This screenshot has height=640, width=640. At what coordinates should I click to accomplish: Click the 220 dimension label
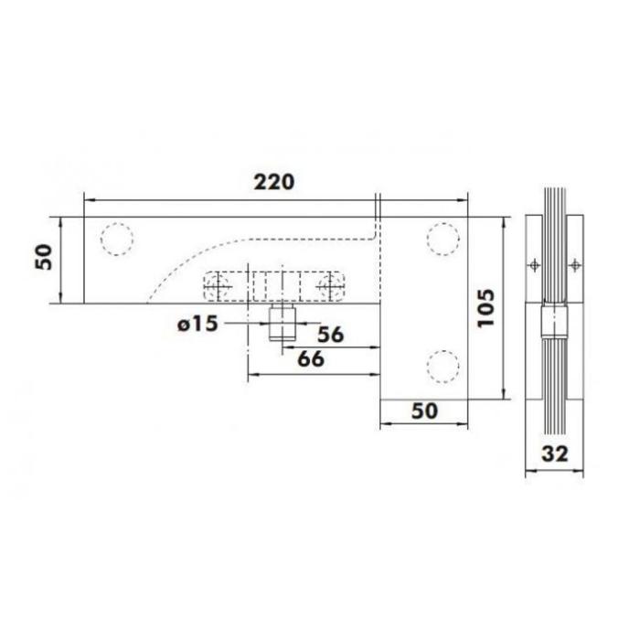[x=274, y=183]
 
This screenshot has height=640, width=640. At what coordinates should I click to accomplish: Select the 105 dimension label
[x=485, y=308]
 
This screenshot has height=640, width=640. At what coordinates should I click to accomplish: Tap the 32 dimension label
[x=555, y=453]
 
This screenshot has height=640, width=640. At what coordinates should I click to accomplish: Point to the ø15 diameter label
[x=197, y=325]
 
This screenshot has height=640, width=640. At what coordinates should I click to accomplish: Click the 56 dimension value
[x=331, y=335]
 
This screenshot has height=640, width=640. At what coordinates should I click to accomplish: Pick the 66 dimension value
[x=311, y=359]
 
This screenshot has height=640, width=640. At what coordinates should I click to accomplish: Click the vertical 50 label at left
[x=44, y=257]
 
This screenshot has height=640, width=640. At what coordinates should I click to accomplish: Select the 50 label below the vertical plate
[x=424, y=411]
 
